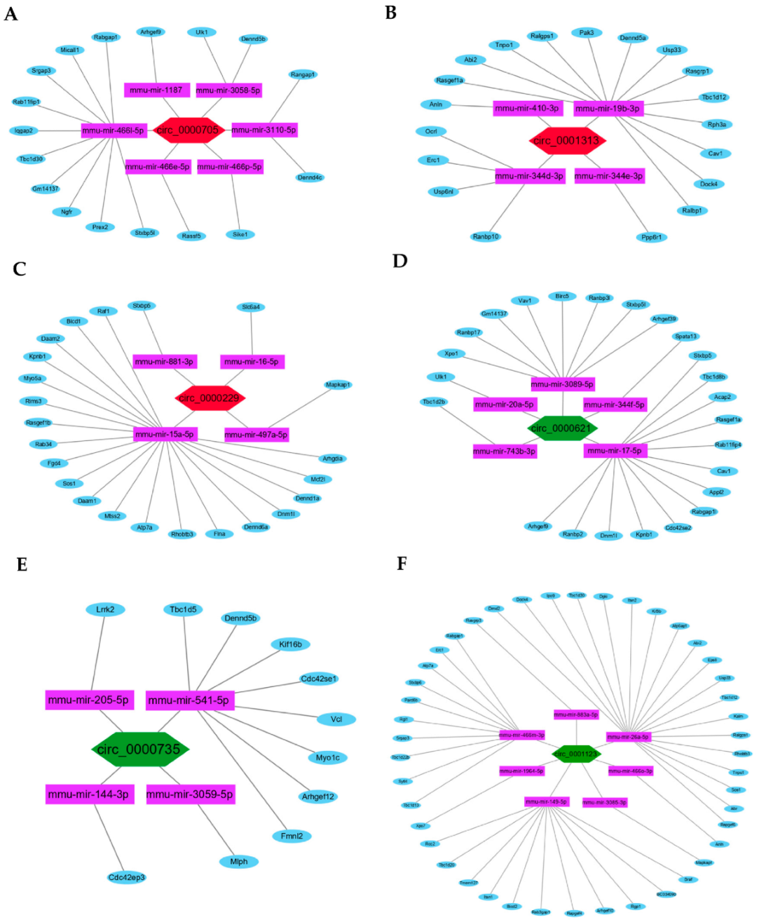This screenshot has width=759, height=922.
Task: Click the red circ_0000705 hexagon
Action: click(188, 130)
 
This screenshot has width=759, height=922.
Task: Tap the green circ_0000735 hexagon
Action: click(139, 750)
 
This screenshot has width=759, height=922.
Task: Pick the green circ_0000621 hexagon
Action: click(562, 428)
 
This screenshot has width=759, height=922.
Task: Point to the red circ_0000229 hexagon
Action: click(209, 398)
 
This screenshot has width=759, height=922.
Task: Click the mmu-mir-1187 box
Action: click(156, 90)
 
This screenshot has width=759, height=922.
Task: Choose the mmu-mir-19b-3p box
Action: click(607, 109)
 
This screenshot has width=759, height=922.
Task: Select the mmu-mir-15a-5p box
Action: click(165, 434)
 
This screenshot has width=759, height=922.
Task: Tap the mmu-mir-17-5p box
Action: click(615, 450)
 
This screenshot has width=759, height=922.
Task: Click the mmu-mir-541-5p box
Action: click(189, 701)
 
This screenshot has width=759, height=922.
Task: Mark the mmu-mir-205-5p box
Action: click(88, 700)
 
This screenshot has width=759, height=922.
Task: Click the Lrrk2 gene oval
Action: click(105, 610)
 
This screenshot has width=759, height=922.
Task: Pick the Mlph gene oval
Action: click(239, 861)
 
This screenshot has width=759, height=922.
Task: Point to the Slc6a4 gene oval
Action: click(251, 307)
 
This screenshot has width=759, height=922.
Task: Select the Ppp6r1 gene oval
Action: click(651, 237)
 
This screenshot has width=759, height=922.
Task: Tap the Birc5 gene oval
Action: click(562, 296)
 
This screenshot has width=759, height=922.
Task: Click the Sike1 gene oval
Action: click(240, 234)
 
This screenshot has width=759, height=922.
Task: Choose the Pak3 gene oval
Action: click(587, 33)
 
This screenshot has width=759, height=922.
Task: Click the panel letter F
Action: click(402, 563)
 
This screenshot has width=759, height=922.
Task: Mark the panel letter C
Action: click(20, 269)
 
